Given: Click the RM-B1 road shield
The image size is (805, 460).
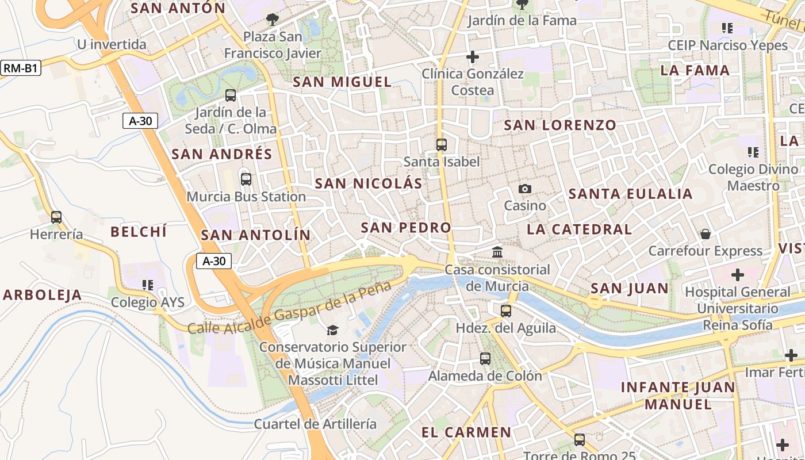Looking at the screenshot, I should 21,68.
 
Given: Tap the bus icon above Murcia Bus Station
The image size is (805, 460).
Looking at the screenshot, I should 246,179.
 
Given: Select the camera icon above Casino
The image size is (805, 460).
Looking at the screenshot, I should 524,189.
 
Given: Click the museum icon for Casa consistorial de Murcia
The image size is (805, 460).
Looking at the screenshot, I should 497,252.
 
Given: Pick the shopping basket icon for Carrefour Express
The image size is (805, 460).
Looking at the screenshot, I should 705,233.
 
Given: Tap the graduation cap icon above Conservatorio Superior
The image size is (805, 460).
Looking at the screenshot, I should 332,329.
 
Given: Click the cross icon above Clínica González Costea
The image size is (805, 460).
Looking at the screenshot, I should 473,57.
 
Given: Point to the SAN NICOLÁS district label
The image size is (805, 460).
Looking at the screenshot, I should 369,183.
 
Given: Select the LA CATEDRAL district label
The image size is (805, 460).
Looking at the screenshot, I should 579,229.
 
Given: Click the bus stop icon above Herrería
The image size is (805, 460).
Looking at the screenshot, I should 56,217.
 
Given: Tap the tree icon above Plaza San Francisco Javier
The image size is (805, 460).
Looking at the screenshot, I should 272,20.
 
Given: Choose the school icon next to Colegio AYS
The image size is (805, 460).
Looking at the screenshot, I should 148,285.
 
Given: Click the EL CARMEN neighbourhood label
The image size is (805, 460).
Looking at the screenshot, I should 466,432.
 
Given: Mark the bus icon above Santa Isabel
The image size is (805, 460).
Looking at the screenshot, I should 442,144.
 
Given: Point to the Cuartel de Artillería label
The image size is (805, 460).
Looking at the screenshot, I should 316,424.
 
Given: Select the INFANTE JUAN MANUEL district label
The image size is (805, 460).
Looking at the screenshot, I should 678,396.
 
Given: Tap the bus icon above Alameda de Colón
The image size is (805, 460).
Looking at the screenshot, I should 485,358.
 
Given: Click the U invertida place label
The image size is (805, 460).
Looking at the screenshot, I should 112,44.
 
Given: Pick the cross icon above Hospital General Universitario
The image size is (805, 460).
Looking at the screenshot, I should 737,274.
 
